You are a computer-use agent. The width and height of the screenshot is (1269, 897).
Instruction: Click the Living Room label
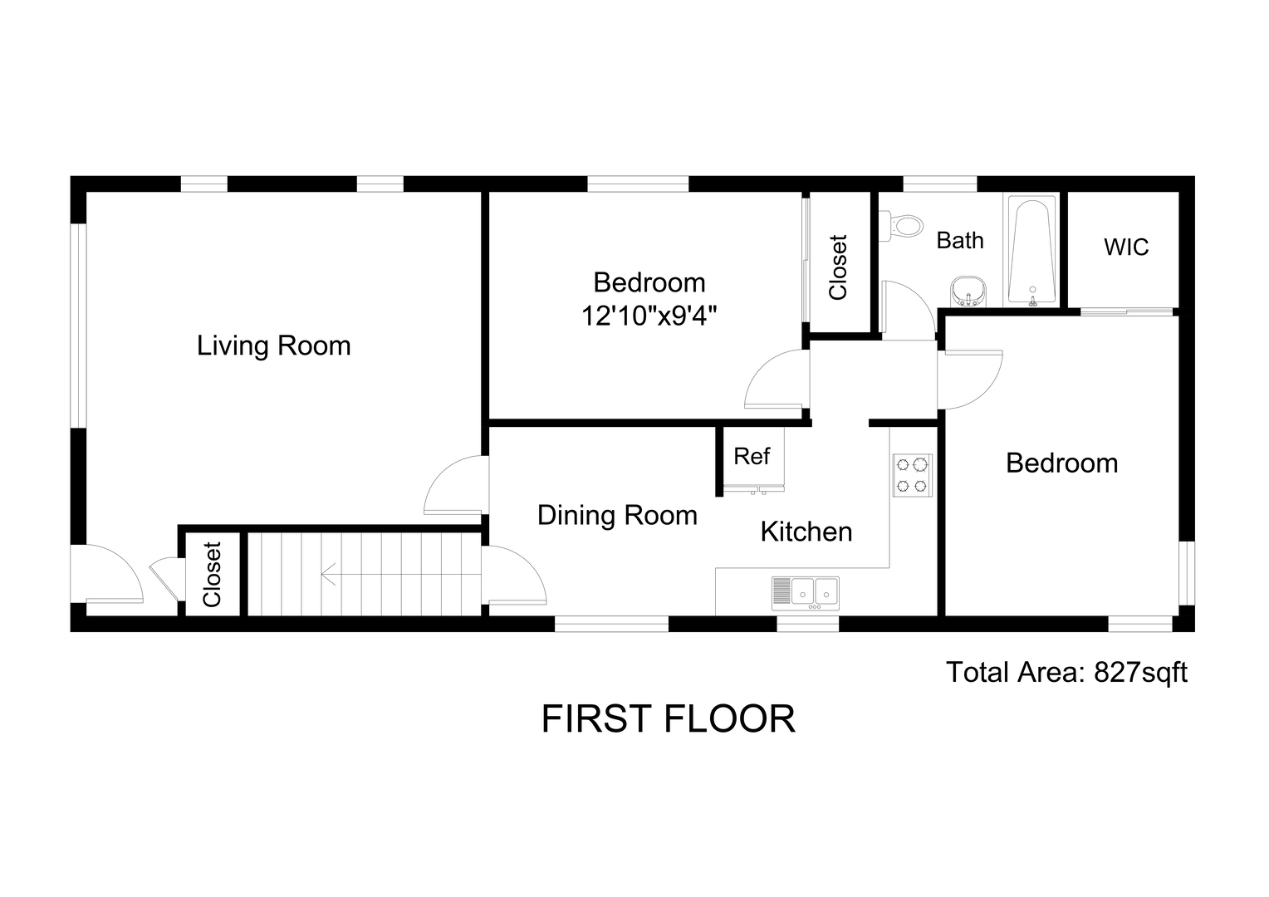(273, 346)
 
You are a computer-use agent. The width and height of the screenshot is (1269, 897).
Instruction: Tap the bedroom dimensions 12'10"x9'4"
(649, 316)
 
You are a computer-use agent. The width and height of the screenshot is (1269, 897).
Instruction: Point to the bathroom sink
(968, 292)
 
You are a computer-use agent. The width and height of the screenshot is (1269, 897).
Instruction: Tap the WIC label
(1126, 247)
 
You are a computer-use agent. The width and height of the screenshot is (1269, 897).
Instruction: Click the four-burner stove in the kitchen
(912, 475)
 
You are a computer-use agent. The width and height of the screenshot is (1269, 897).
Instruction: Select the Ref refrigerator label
(752, 456)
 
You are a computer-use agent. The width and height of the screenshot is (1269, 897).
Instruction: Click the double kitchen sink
(805, 593)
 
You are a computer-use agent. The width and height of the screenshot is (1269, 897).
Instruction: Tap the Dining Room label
(617, 516)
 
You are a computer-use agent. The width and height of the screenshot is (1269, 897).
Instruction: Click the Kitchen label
(806, 532)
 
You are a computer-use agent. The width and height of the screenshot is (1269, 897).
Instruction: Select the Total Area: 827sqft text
(1066, 673)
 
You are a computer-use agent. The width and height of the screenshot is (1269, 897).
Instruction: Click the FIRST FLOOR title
(669, 719)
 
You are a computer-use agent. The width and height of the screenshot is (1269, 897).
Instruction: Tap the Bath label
(960, 240)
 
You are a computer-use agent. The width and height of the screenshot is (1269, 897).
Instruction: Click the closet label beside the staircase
(212, 575)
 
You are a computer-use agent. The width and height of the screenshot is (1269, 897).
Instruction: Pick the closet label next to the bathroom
(838, 267)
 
